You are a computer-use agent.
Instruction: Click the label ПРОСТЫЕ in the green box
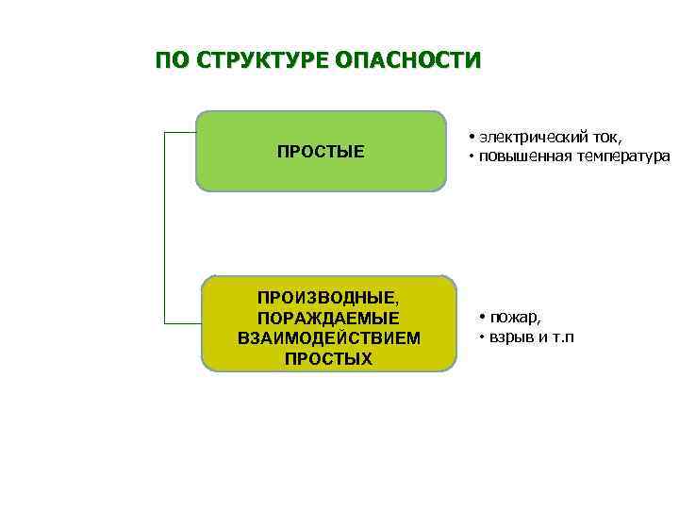pyautogui.click(x=321, y=152)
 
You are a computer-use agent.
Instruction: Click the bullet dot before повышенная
pyautogui.click(x=470, y=156)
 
